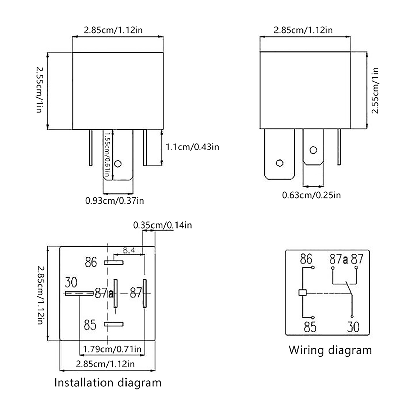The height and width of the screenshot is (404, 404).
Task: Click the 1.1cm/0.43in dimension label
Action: pos(192,147)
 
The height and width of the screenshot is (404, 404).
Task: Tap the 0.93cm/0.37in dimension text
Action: pos(114,201)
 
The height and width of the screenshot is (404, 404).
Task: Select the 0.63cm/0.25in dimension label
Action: pos(311,195)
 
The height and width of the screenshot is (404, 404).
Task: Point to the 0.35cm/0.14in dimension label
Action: pos(162,225)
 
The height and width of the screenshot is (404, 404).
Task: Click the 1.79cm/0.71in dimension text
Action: pos(112,349)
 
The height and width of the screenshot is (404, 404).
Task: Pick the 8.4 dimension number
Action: pos(129,250)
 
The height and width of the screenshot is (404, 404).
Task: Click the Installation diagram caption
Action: pos(108,383)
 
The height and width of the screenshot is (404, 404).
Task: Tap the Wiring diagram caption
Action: pos(330,350)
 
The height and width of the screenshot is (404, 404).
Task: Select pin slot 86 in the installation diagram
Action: pos(114,263)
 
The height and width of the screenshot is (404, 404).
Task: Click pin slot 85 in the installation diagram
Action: pos(114,324)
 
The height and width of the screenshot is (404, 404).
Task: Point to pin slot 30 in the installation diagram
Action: pos(79,293)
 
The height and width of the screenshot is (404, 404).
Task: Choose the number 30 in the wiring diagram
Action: pos(353,327)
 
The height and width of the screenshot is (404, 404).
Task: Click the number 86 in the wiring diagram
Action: pos(306,259)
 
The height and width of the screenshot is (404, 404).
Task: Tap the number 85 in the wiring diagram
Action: pos(310,327)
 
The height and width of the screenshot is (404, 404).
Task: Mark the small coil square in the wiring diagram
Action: pos(302,293)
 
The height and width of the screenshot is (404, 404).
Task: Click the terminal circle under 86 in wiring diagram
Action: pos(313,268)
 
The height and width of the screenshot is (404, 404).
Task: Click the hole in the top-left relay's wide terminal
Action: pos(118,164)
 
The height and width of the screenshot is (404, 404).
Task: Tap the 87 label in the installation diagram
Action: pos(136,293)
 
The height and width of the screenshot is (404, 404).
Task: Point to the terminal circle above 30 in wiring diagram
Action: pos(352,316)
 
